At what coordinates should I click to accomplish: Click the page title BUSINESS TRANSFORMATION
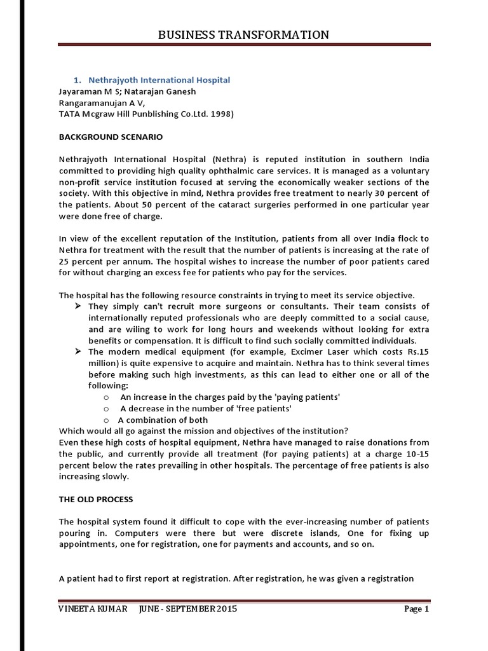tap(243, 35)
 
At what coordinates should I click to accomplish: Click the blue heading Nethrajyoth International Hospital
tap(159, 80)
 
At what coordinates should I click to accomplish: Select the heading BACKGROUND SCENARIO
tap(111, 137)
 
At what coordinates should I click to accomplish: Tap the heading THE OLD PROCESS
tap(96, 500)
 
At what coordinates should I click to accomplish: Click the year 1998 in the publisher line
tap(222, 114)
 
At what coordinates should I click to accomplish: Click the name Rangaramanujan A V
tap(102, 102)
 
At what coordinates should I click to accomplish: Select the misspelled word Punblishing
tap(148, 114)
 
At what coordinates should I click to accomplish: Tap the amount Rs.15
tap(416, 352)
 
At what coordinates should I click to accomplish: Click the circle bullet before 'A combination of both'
tap(105, 420)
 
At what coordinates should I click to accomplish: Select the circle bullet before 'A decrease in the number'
tap(105, 409)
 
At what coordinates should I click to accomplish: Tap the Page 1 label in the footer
tap(417, 609)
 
